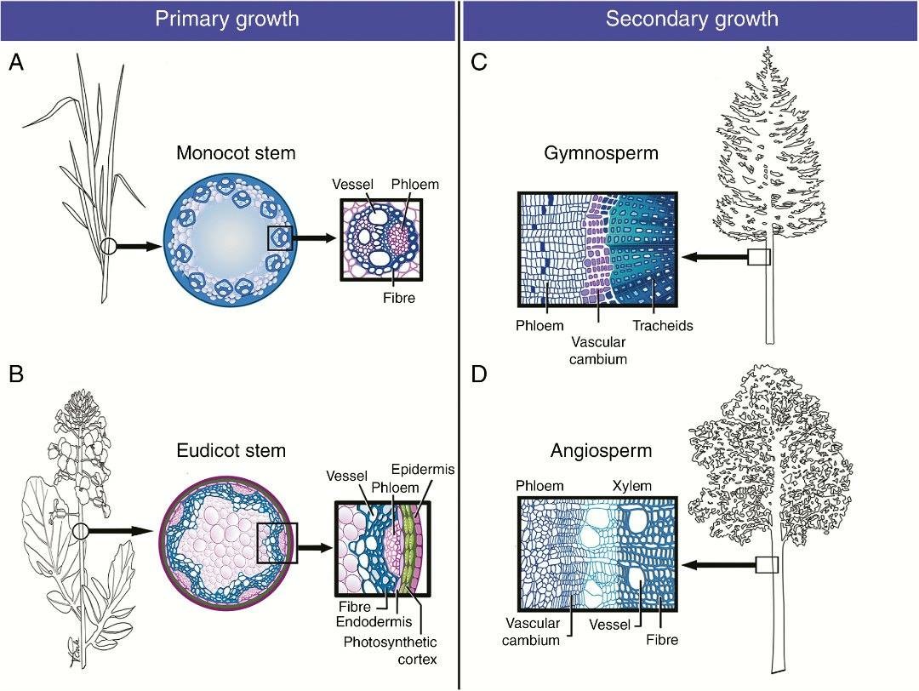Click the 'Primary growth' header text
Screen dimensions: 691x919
pyautogui.click(x=226, y=19)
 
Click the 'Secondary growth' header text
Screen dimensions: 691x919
pyautogui.click(x=692, y=19)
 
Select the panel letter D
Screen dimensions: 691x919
pyautogui.click(x=480, y=375)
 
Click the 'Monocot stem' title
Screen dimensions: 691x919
pyautogui.click(x=236, y=154)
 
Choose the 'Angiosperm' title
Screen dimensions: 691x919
pyautogui.click(x=589, y=449)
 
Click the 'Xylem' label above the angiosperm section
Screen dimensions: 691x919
pyautogui.click(x=630, y=486)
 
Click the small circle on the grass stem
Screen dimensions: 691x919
pyautogui.click(x=107, y=247)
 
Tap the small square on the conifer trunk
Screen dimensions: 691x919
pyautogui.click(x=759, y=257)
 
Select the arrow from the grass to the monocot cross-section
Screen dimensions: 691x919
pyautogui.click(x=136, y=247)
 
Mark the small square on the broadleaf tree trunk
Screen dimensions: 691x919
pyautogui.click(x=768, y=565)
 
